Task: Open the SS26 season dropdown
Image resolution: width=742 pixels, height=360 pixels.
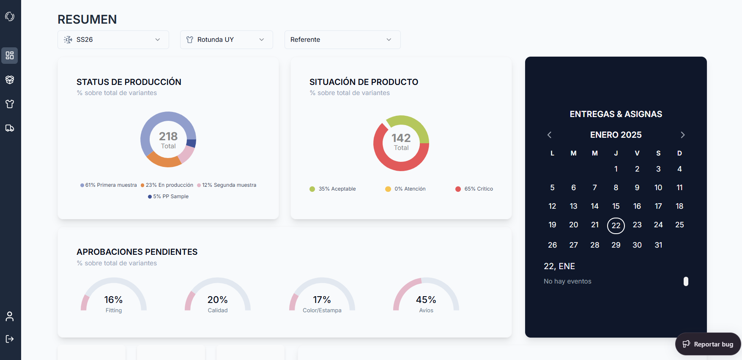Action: coord(113,40)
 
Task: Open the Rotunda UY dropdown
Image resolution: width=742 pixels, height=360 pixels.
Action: coord(226,40)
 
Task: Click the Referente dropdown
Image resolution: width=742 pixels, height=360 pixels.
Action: coord(342,40)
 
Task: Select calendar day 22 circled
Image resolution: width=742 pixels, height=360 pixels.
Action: coord(616,226)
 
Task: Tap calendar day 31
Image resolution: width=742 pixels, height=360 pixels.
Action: coord(658,245)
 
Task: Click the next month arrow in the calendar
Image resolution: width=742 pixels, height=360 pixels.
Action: coord(682,135)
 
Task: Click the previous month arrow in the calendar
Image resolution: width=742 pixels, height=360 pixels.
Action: coord(549,135)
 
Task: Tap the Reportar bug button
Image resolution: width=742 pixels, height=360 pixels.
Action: coord(708,344)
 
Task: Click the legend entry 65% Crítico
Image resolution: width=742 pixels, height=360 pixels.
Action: coord(474,189)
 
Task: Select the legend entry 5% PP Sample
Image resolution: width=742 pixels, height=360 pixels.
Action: coord(168,196)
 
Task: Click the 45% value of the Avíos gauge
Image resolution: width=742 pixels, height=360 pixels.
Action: coord(426,300)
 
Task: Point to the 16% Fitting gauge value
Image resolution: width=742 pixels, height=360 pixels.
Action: coord(114,300)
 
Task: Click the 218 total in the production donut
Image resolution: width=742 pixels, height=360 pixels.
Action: coord(168,136)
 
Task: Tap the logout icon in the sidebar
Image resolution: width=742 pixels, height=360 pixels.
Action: coord(10,339)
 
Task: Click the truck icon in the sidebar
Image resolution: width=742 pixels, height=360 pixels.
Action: coord(10,128)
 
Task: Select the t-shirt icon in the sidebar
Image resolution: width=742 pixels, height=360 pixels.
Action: coord(10,104)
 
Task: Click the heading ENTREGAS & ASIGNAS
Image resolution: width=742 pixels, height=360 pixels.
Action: coord(616,114)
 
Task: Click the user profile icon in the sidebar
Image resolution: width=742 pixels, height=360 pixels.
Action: coord(10,316)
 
